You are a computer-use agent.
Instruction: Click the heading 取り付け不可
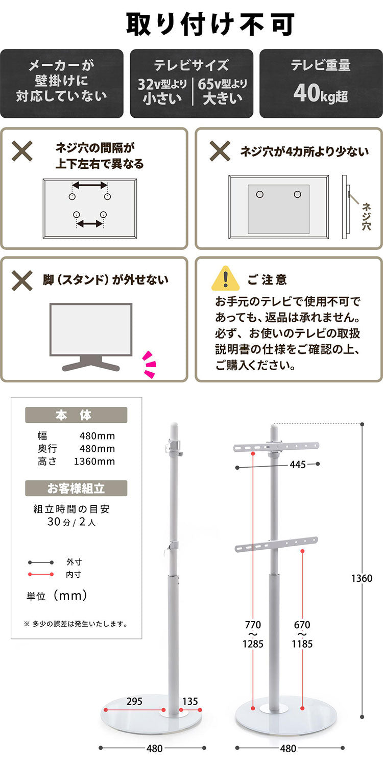click(210, 23)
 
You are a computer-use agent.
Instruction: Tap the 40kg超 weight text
click(321, 94)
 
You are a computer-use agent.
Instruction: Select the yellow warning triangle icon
click(225, 278)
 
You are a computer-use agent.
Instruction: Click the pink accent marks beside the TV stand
click(149, 365)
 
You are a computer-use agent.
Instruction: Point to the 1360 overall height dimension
click(362, 578)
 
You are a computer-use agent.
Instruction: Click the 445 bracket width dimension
click(297, 465)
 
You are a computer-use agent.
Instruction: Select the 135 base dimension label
click(189, 702)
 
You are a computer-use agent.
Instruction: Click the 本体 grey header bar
click(76, 415)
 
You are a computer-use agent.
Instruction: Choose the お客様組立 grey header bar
click(76, 489)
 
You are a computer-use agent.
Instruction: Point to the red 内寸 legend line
click(41, 575)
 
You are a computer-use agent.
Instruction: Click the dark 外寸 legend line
click(41, 562)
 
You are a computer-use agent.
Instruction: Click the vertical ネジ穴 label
click(366, 216)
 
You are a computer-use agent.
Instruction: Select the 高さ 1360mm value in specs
click(94, 461)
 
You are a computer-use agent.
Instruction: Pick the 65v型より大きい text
click(223, 91)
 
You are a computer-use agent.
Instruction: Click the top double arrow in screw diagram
click(89, 185)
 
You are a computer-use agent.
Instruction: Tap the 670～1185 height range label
click(302, 634)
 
